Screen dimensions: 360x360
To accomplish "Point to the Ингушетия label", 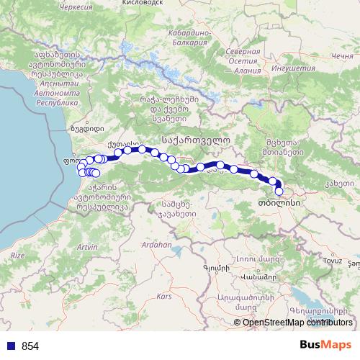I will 294,68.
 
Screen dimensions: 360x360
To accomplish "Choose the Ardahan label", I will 159,245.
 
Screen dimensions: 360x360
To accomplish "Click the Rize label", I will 17,256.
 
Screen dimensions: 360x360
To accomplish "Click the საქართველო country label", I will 197,142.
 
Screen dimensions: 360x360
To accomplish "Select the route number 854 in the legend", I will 30,346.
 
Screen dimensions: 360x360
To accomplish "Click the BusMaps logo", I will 325,346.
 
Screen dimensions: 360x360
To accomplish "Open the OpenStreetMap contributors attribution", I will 297,323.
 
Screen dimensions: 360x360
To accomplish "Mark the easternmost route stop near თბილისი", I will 279,192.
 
